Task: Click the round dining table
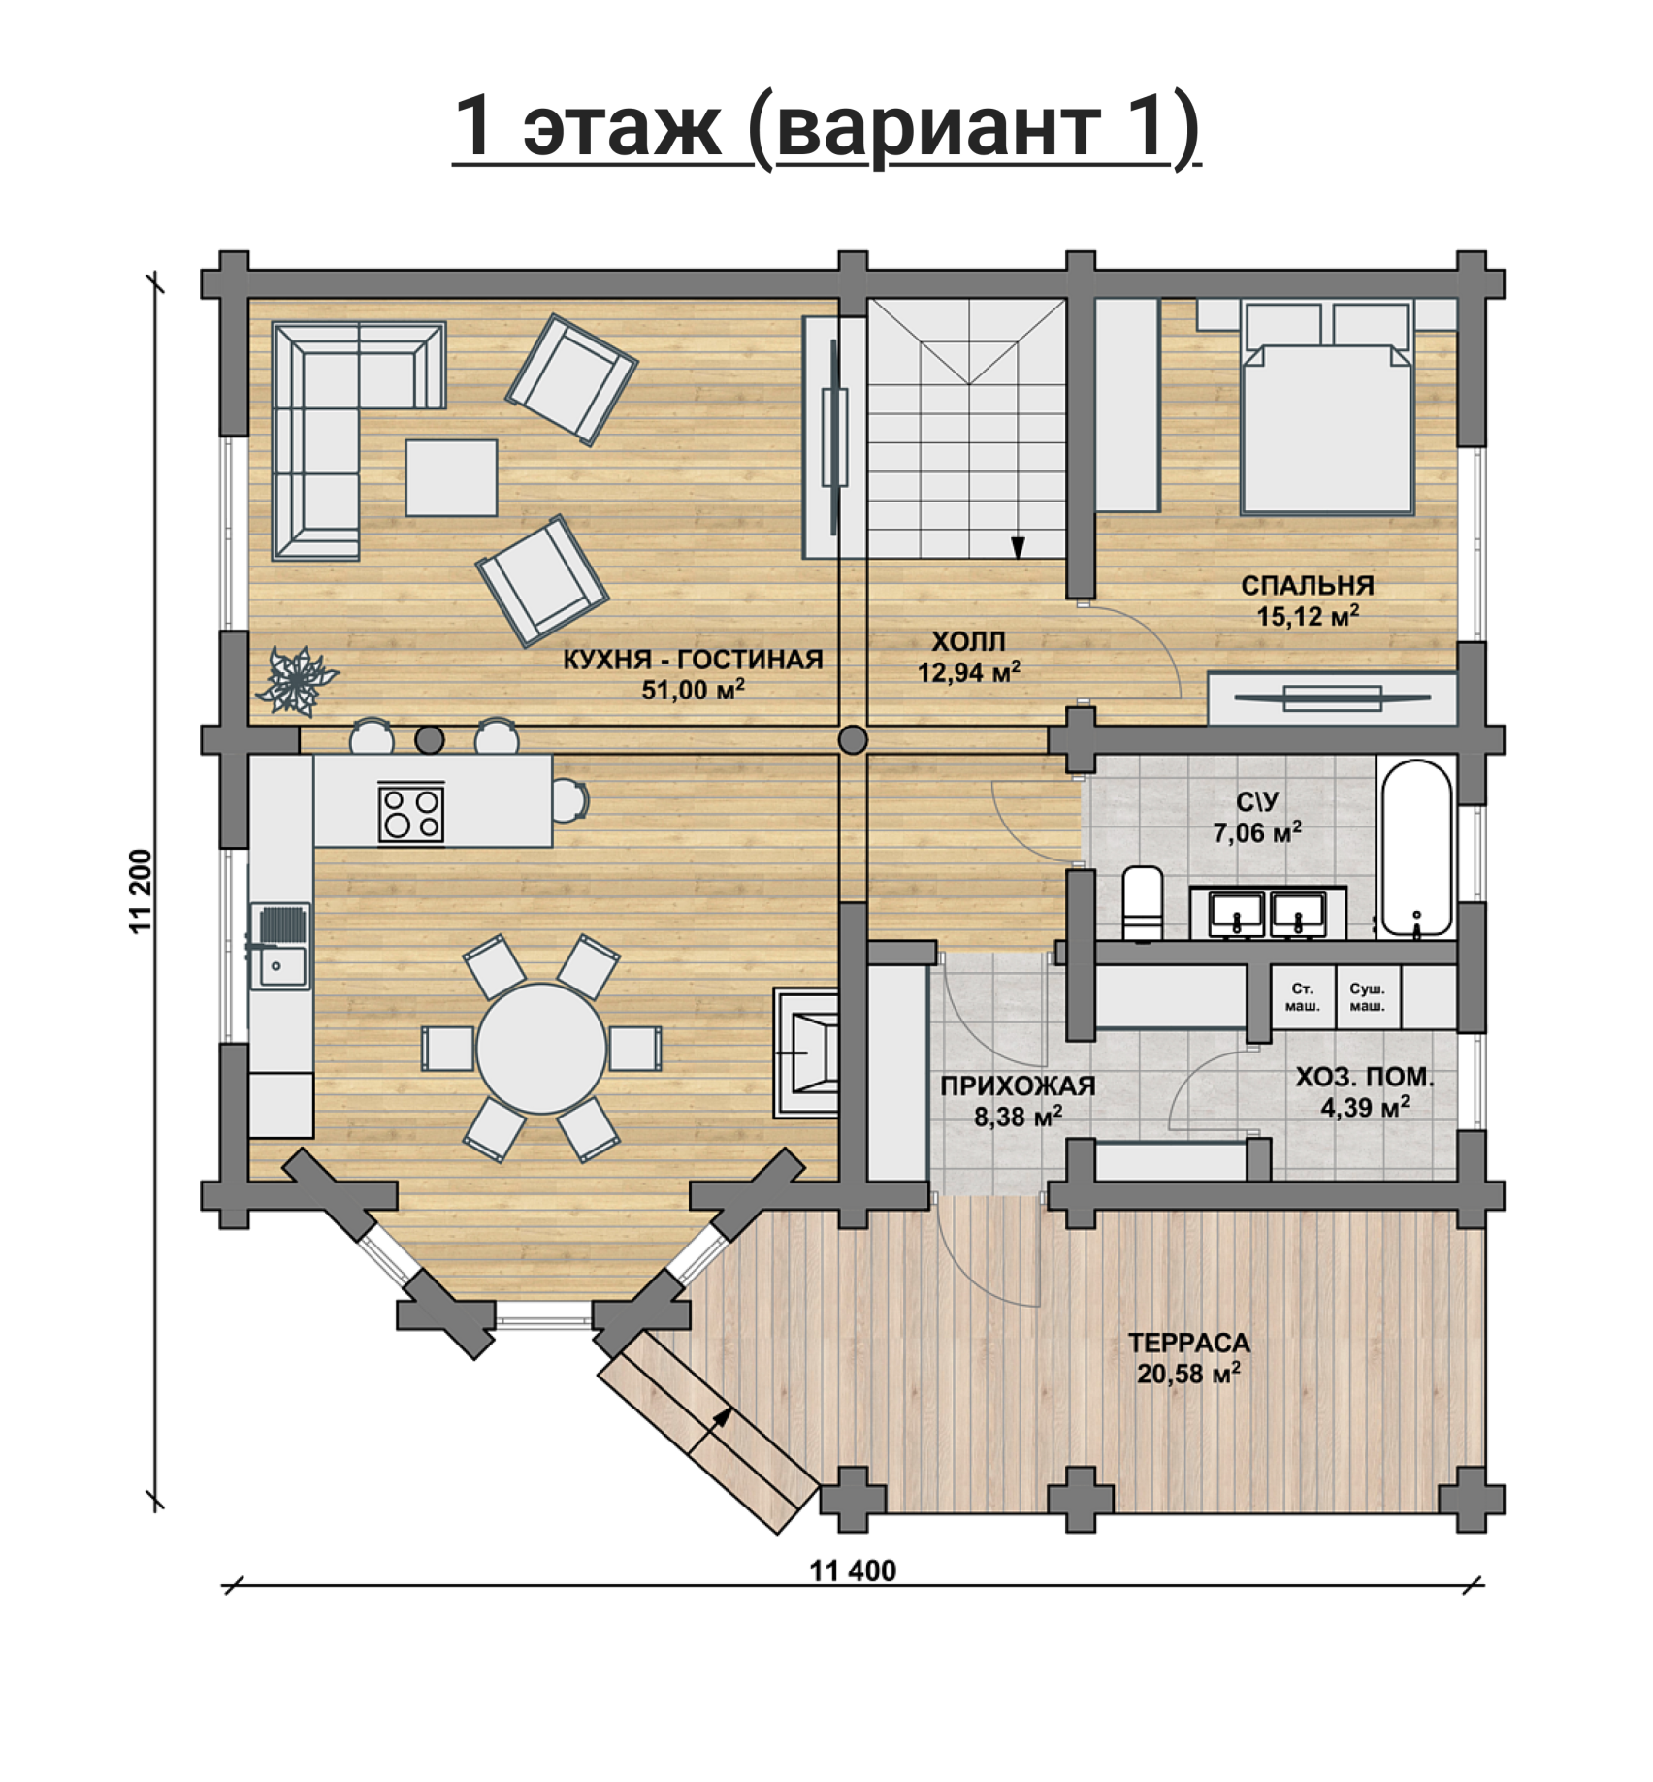pyautogui.click(x=541, y=1049)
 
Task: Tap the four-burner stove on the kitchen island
pyautogui.click(x=411, y=813)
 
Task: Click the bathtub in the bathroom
pyautogui.click(x=1416, y=849)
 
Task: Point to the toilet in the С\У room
pyautogui.click(x=1143, y=902)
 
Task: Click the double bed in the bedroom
pyautogui.click(x=1326, y=407)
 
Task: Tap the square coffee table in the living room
pyautogui.click(x=451, y=477)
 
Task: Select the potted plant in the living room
pyautogui.click(x=296, y=680)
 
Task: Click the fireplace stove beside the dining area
pyautogui.click(x=806, y=1053)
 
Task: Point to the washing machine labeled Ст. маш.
pyautogui.click(x=1302, y=996)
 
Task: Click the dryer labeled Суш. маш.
pyautogui.click(x=1368, y=996)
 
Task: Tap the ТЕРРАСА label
pyautogui.click(x=1188, y=1343)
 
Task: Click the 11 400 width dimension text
pyautogui.click(x=853, y=1571)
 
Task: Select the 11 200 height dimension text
pyautogui.click(x=142, y=891)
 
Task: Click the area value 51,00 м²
pyautogui.click(x=693, y=689)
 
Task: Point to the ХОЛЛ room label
pyautogui.click(x=968, y=641)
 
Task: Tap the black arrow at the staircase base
pyautogui.click(x=1018, y=548)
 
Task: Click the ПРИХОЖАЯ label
pyautogui.click(x=1018, y=1085)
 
